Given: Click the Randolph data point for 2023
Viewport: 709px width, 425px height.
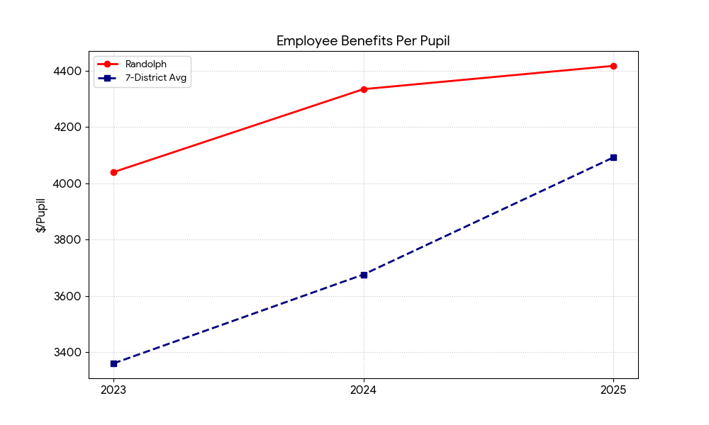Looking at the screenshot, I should click(x=113, y=172).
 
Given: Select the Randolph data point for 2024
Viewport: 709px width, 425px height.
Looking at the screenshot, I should click(x=364, y=89).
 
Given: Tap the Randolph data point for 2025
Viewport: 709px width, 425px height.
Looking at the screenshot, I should click(x=613, y=66).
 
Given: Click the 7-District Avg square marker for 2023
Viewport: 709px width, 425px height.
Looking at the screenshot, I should click(x=113, y=363).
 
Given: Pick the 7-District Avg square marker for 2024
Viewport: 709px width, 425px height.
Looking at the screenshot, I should click(x=364, y=275).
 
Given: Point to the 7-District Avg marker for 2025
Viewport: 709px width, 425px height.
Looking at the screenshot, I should click(x=613, y=157).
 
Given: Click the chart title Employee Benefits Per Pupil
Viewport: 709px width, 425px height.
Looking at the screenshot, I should click(x=363, y=41).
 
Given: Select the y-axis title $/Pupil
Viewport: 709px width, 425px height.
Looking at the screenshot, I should click(x=41, y=215).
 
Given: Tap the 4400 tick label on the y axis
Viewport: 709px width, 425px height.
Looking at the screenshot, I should click(x=66, y=72).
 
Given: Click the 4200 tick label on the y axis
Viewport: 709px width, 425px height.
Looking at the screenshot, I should click(x=66, y=127).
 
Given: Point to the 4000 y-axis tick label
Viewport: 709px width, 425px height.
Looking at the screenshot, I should click(x=66, y=183).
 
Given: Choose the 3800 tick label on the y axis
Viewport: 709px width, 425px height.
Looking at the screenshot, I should click(x=66, y=240).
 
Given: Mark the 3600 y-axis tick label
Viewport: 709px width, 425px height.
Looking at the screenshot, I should click(x=66, y=296).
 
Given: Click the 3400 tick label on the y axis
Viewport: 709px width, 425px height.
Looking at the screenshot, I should click(x=66, y=352).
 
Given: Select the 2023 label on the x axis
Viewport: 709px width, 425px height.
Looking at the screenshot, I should click(x=113, y=389).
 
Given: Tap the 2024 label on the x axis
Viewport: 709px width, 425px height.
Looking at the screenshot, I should click(x=364, y=389).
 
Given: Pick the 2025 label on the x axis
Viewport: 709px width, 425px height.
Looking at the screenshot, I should click(x=613, y=389).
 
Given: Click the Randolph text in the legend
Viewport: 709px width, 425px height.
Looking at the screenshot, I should click(x=146, y=64).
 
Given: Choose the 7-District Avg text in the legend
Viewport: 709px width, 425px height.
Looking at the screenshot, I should click(x=156, y=78).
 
